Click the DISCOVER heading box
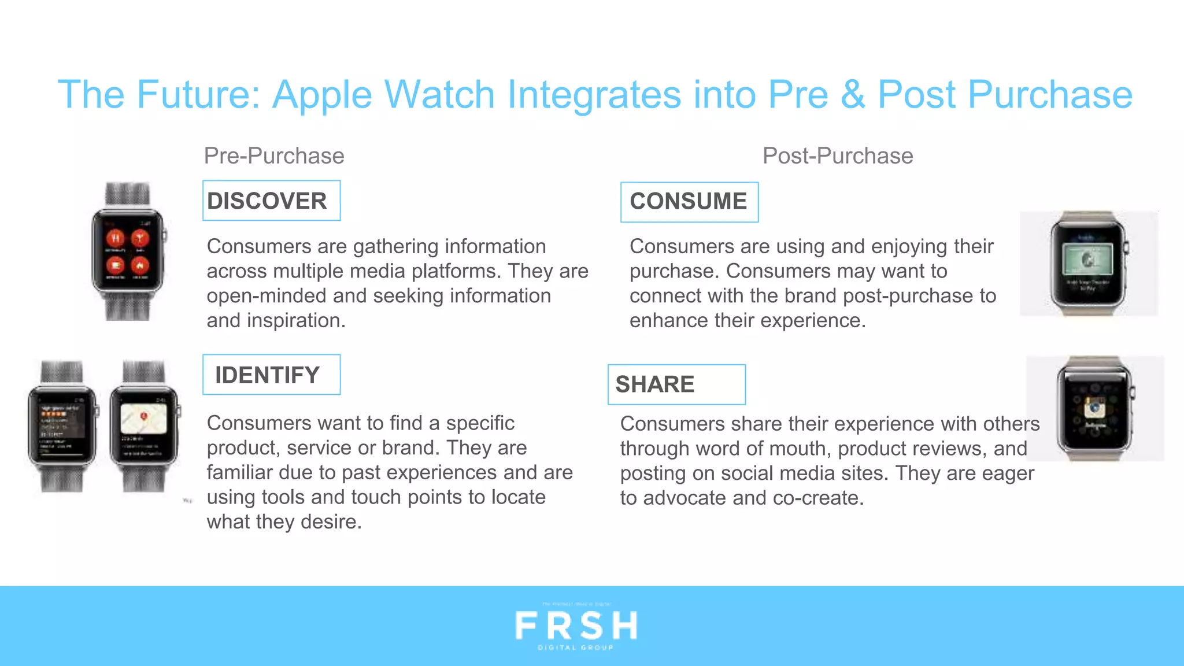(x=271, y=201)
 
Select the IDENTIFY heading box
(x=271, y=375)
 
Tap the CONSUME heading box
(x=689, y=202)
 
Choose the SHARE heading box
(x=676, y=384)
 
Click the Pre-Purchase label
(x=274, y=156)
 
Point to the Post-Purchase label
(x=838, y=156)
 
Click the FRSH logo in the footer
(x=576, y=627)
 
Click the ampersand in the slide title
(x=853, y=95)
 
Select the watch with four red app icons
(x=128, y=252)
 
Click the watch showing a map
(x=144, y=426)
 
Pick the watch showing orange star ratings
(x=62, y=426)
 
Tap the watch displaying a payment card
(x=1088, y=264)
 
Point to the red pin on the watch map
(x=144, y=416)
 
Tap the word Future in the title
(x=198, y=95)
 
